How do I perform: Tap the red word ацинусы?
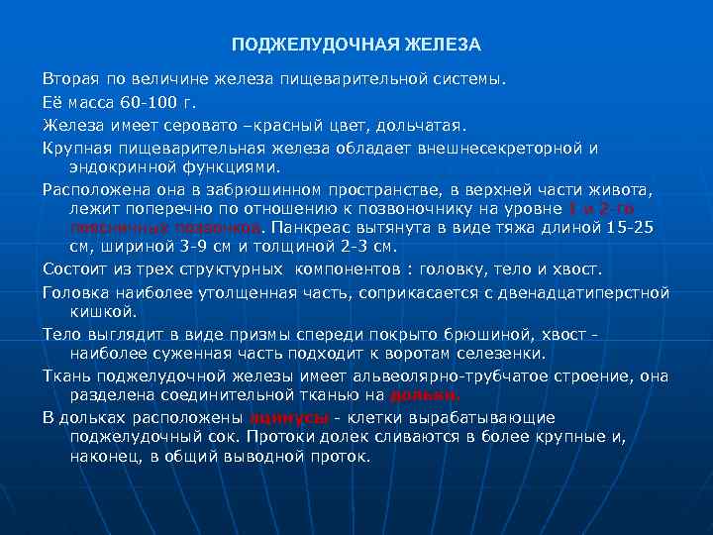click(289, 417)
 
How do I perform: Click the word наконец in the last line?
click(105, 457)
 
